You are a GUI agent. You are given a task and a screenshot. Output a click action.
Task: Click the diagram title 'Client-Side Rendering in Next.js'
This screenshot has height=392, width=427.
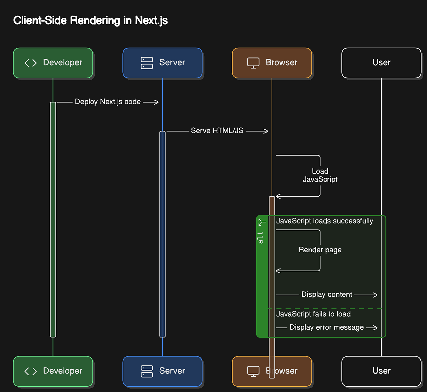click(90, 20)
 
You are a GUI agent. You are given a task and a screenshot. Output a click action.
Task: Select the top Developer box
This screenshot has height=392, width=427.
click(53, 63)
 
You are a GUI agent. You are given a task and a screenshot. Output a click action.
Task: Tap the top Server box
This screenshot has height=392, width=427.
click(162, 63)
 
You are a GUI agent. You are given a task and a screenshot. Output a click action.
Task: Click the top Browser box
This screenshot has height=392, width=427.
click(272, 63)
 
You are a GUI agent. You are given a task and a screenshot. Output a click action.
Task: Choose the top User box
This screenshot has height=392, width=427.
click(381, 63)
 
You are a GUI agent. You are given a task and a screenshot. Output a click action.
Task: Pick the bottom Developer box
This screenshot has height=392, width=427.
click(53, 371)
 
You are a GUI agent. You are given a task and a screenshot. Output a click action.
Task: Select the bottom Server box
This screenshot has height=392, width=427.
click(162, 371)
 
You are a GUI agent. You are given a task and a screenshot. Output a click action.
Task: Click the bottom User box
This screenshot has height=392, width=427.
click(381, 371)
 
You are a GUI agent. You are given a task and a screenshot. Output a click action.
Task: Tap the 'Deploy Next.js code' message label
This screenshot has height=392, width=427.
click(108, 102)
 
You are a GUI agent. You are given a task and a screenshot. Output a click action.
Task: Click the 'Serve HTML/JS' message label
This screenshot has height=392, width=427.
click(217, 131)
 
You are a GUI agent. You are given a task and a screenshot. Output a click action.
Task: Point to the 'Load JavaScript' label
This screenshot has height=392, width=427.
click(320, 175)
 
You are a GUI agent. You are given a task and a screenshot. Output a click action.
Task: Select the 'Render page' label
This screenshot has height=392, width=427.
click(320, 250)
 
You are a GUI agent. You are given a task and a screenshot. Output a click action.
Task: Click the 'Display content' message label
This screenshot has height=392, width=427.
click(327, 294)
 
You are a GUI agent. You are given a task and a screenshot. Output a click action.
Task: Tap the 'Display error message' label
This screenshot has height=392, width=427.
click(326, 328)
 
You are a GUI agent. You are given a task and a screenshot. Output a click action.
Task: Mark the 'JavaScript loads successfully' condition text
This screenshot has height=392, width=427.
click(324, 221)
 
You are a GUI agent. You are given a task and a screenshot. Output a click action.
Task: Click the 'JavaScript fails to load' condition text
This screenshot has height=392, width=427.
click(313, 314)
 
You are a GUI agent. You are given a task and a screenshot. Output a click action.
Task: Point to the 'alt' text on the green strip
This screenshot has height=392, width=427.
click(260, 238)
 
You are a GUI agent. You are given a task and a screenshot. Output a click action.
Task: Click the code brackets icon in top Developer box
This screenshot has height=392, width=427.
click(30, 63)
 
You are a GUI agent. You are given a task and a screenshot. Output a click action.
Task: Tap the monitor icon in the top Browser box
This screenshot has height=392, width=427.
click(253, 63)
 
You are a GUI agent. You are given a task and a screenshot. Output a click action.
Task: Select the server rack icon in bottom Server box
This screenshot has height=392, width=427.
click(147, 371)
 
